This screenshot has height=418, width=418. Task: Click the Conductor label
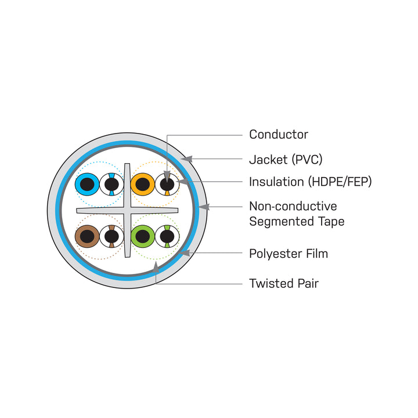click(278, 135)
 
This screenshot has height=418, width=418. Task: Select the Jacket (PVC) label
click(285, 159)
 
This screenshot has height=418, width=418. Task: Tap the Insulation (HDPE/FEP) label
click(310, 182)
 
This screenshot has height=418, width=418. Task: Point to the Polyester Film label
click(288, 254)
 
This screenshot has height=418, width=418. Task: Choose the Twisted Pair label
click(283, 284)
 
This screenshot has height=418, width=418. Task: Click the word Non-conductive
click(293, 206)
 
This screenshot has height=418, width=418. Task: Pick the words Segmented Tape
click(296, 221)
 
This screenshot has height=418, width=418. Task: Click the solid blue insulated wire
click(87, 185)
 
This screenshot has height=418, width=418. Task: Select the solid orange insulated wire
click(142, 185)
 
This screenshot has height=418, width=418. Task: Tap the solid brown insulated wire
click(87, 236)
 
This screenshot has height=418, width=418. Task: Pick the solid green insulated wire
click(142, 236)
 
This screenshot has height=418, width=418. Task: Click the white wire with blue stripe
click(111, 185)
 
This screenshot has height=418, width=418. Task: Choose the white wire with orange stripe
click(167, 185)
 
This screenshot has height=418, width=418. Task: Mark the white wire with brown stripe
click(111, 236)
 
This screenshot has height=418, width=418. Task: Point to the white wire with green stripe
click(167, 236)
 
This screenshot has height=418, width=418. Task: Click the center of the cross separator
click(127, 210)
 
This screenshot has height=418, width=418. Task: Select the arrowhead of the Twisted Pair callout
click(156, 267)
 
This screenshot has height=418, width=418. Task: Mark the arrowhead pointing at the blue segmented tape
click(203, 206)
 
